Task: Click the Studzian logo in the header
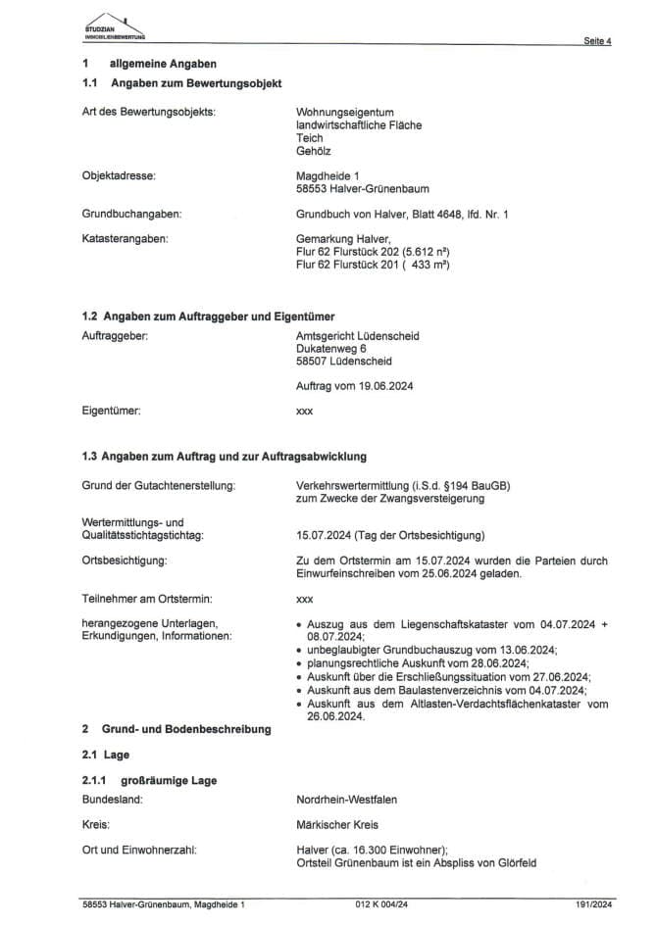pos(114,26)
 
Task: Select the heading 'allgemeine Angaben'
pos(157,64)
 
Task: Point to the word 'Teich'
pos(309,138)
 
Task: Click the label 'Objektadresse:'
pos(121,175)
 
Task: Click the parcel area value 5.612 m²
pos(429,251)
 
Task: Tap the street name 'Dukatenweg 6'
pos(331,348)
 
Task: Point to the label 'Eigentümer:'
pos(112,411)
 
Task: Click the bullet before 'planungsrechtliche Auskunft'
pos(298,663)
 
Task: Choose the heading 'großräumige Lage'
pos(169,780)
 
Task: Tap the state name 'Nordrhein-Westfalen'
pos(346,800)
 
